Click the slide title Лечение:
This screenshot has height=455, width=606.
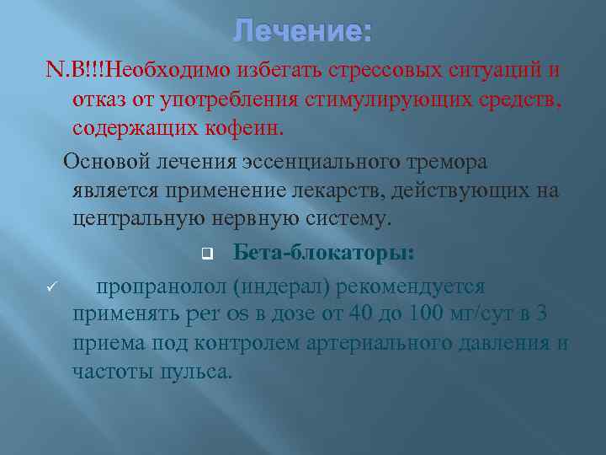point(302,30)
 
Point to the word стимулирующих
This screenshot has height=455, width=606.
point(388,100)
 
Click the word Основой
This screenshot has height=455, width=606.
point(106,161)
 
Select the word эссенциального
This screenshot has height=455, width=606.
point(322,162)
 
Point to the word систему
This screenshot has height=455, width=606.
point(348,219)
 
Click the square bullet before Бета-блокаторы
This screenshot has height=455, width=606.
point(208,254)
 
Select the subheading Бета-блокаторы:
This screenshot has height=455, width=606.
point(324,253)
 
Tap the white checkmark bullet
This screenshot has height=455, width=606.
point(51,286)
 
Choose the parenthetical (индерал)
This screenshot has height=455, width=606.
point(281,287)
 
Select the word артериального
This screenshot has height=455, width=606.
point(379,344)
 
